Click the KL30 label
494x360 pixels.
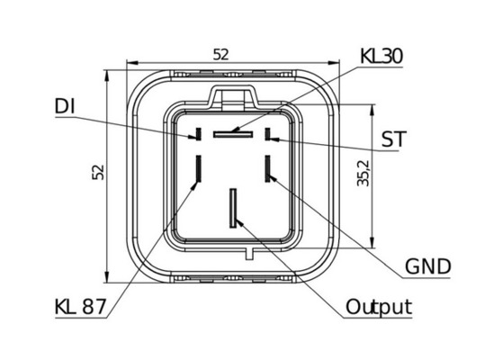382,56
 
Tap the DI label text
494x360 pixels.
65,106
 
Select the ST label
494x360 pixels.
394,139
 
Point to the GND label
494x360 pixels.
427,266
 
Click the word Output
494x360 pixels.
379,307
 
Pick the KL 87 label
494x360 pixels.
80,306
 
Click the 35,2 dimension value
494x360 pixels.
364,173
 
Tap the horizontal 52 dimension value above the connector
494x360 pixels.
220,55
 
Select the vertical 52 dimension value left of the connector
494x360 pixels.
98,172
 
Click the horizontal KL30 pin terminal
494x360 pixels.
233,134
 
